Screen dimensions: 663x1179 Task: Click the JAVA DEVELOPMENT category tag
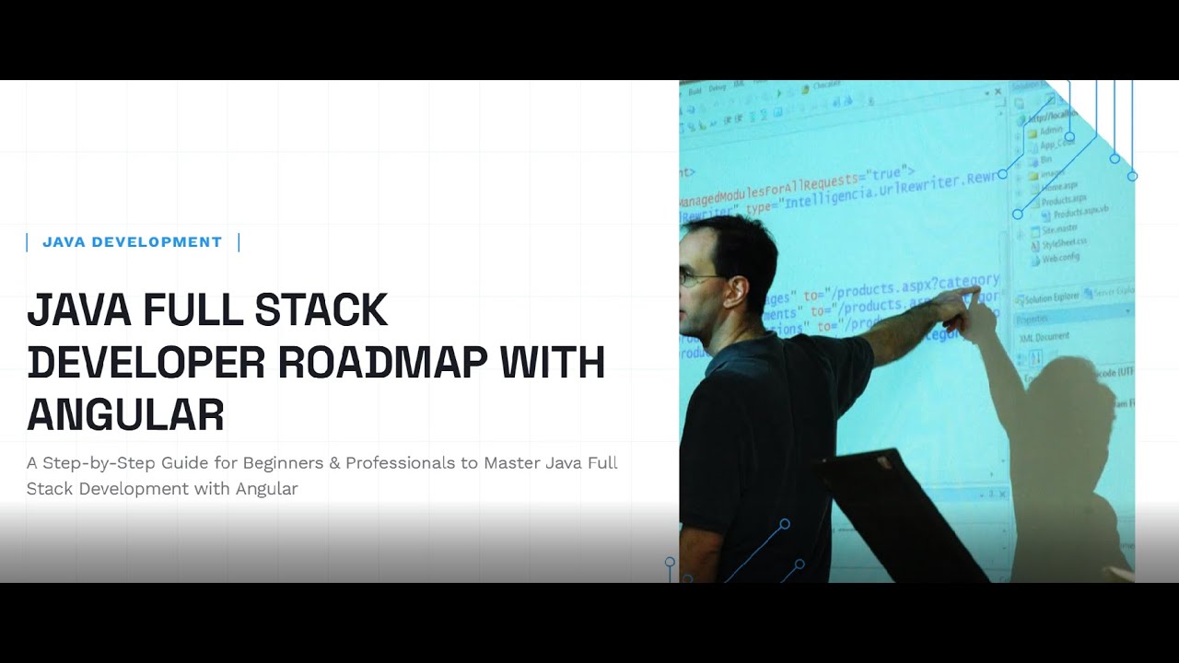(132, 242)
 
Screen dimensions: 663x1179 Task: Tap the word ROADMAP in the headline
(382, 363)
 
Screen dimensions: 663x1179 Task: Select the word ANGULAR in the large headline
(125, 415)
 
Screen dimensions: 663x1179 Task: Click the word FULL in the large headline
(193, 310)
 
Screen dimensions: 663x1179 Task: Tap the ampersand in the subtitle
(334, 462)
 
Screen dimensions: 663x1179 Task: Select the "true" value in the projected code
(885, 174)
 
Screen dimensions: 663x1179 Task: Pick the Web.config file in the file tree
(1060, 258)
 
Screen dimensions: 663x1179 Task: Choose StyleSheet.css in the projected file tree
(1064, 244)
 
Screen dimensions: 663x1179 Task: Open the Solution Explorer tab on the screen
(1051, 297)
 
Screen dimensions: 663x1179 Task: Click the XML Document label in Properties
(1045, 336)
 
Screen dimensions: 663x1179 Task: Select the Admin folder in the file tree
(1050, 131)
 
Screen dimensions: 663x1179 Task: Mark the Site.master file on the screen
(1059, 229)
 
